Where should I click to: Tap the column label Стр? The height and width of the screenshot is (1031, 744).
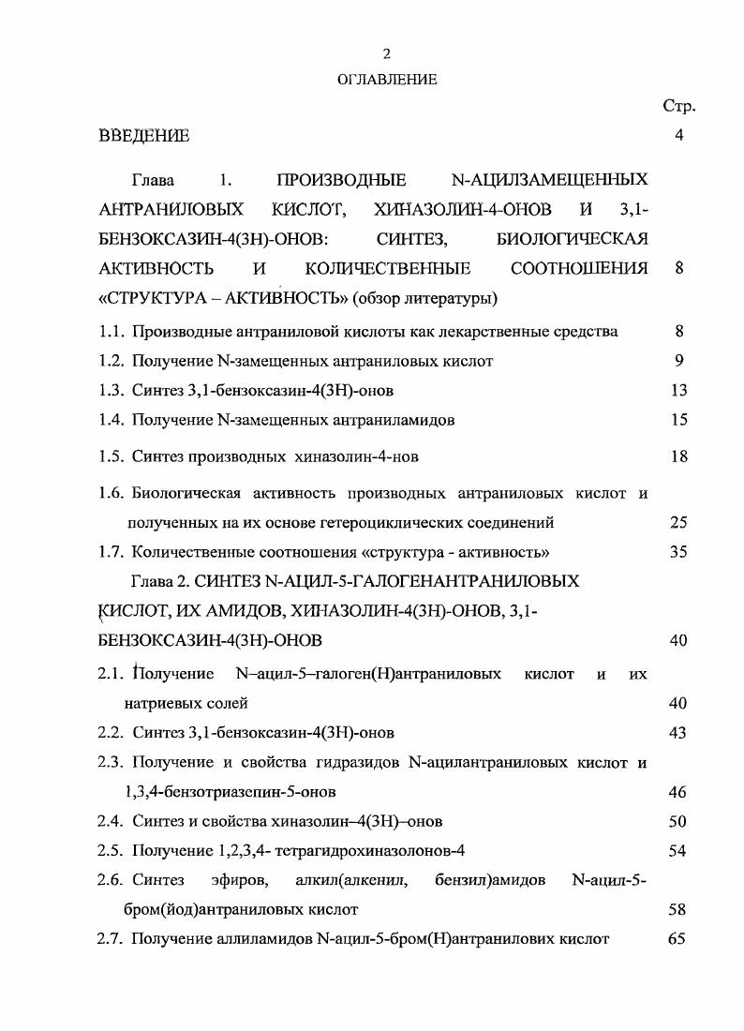pyautogui.click(x=678, y=106)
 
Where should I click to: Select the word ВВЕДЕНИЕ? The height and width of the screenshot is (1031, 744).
pyautogui.click(x=144, y=136)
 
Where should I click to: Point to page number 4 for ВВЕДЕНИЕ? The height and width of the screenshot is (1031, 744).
pyautogui.click(x=678, y=136)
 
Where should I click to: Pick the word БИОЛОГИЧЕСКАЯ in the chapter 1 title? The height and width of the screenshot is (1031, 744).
pyautogui.click(x=572, y=239)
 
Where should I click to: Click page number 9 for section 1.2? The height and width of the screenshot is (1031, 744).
pyautogui.click(x=679, y=361)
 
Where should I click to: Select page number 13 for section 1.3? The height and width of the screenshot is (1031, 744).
pyautogui.click(x=679, y=391)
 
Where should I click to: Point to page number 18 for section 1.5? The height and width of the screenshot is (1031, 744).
pyautogui.click(x=679, y=456)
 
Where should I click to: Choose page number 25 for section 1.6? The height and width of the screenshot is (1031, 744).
pyautogui.click(x=679, y=522)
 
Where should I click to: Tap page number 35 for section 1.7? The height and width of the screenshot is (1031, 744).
pyautogui.click(x=679, y=552)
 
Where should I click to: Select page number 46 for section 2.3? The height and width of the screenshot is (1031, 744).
pyautogui.click(x=679, y=792)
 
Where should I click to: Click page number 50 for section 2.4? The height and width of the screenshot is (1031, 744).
pyautogui.click(x=679, y=822)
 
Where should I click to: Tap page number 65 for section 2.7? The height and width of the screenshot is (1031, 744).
pyautogui.click(x=679, y=938)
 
